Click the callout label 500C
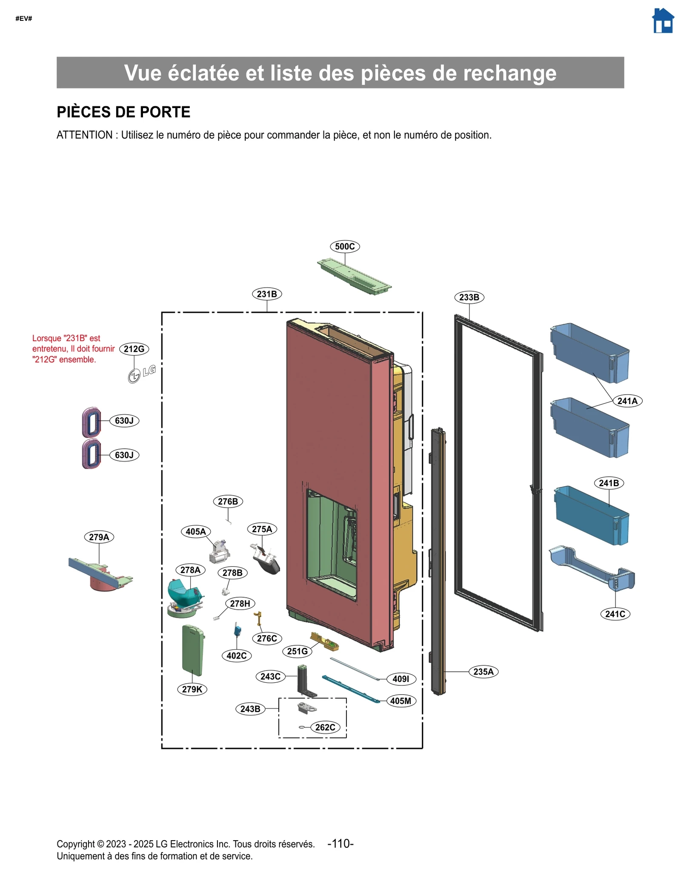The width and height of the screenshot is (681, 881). click(345, 246)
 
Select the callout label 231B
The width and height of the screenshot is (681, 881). click(267, 294)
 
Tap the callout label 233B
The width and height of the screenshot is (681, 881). click(469, 297)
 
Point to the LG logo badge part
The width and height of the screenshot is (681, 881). click(142, 373)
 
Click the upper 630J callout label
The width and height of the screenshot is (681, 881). click(124, 421)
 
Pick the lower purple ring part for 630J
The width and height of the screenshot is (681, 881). click(91, 454)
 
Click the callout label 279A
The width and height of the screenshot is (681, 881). click(99, 537)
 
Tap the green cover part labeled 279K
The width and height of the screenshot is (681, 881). click(192, 650)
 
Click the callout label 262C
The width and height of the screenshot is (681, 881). click(325, 727)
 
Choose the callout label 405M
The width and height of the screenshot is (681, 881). click(401, 701)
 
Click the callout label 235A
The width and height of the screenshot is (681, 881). click(484, 672)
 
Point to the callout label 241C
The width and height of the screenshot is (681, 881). click(615, 614)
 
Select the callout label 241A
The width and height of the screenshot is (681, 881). click(627, 401)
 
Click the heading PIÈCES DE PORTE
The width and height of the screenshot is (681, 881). click(123, 112)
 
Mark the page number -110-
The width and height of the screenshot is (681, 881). click(340, 844)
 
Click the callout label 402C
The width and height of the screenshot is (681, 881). click(237, 656)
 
